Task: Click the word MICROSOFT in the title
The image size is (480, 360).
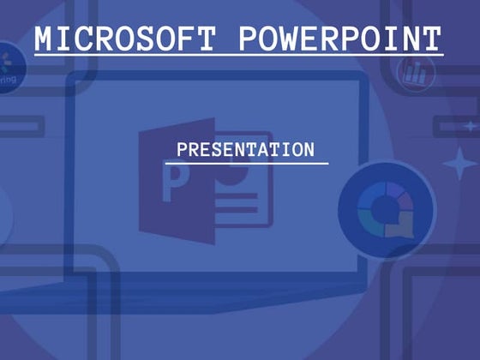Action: tap(127, 39)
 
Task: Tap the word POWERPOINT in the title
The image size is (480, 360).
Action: tap(339, 39)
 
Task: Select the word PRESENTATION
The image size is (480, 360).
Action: tap(246, 150)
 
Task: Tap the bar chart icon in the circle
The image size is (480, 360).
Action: tap(416, 71)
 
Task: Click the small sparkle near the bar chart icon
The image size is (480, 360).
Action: tap(470, 126)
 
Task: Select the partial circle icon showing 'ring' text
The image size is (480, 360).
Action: tap(9, 69)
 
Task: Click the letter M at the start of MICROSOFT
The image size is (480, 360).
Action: tap(46, 39)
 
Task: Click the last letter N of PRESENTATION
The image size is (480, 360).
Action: tap(309, 150)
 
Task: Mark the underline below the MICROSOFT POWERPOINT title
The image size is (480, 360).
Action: tap(238, 57)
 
